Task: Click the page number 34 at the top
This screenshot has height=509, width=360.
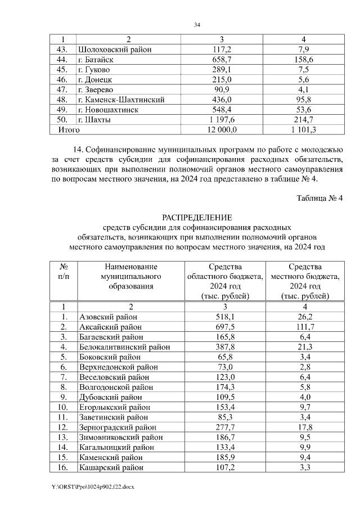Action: (x=197, y=25)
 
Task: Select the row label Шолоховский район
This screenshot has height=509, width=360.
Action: (x=115, y=49)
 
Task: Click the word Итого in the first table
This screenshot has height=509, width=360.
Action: (x=66, y=130)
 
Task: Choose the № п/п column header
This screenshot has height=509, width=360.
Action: (x=64, y=271)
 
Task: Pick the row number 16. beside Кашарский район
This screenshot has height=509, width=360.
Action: (x=64, y=467)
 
